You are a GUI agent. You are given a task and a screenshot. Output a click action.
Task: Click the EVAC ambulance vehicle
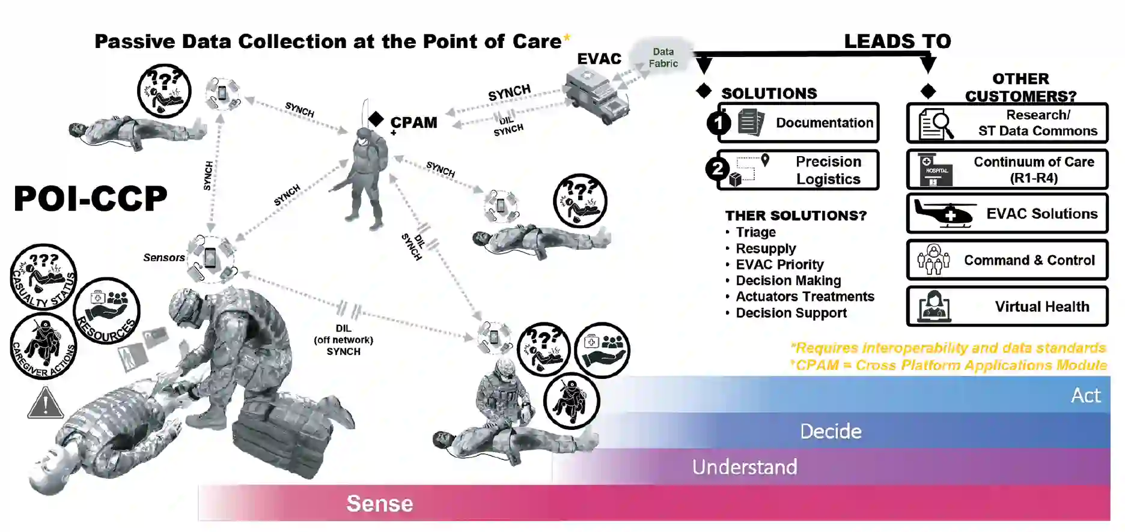(597, 95)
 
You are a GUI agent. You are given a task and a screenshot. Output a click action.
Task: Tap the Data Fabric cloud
(663, 58)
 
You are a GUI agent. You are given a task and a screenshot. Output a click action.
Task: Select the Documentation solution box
(799, 122)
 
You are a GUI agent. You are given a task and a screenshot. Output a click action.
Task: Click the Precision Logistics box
(799, 170)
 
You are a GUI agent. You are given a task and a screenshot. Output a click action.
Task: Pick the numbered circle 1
(719, 123)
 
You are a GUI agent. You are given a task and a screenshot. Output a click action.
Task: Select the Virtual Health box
(1007, 306)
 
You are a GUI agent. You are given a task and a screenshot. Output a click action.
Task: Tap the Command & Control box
(1007, 260)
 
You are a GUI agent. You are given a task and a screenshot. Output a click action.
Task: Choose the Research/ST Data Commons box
(1007, 123)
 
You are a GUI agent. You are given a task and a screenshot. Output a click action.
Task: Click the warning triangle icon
(45, 403)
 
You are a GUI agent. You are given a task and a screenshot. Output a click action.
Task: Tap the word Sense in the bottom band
(379, 503)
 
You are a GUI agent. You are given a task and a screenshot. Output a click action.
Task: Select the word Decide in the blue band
(831, 431)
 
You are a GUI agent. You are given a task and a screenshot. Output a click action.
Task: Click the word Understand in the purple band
(745, 467)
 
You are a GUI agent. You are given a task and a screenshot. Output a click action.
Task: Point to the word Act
(1085, 395)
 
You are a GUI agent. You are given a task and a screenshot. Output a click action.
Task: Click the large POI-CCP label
(91, 199)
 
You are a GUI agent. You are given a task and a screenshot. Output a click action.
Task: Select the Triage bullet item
(755, 232)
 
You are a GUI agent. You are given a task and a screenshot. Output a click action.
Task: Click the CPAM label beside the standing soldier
(413, 122)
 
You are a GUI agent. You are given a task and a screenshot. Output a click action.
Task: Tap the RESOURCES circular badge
(106, 311)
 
